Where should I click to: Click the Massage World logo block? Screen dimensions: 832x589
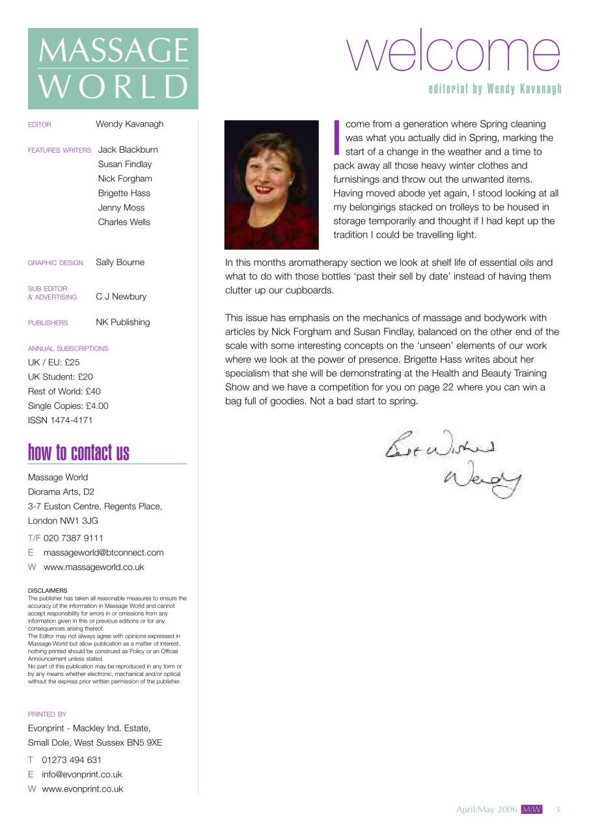coord(113,68)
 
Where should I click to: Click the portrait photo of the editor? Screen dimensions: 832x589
coord(271,185)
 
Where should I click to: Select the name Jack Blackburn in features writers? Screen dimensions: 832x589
coord(128,149)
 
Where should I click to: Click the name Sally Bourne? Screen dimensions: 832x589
coord(120,263)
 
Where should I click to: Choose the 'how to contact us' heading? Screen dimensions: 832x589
coord(79,452)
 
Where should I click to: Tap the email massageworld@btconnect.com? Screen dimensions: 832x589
coord(103,552)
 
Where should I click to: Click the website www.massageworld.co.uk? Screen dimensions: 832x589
coord(94,567)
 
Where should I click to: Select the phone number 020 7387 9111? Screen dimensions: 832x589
coord(73,538)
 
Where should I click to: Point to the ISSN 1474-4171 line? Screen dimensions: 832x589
coord(61,420)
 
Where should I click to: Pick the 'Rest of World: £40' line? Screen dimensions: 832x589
coord(64,391)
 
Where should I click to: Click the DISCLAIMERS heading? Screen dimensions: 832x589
coord(48,591)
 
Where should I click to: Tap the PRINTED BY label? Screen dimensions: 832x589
coord(47,714)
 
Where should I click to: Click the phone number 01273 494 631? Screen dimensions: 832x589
coord(72,760)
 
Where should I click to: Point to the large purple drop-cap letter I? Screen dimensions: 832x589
coord(337,137)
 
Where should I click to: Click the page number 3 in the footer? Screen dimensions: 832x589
coord(557,809)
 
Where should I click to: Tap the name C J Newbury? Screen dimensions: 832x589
coord(121,296)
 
